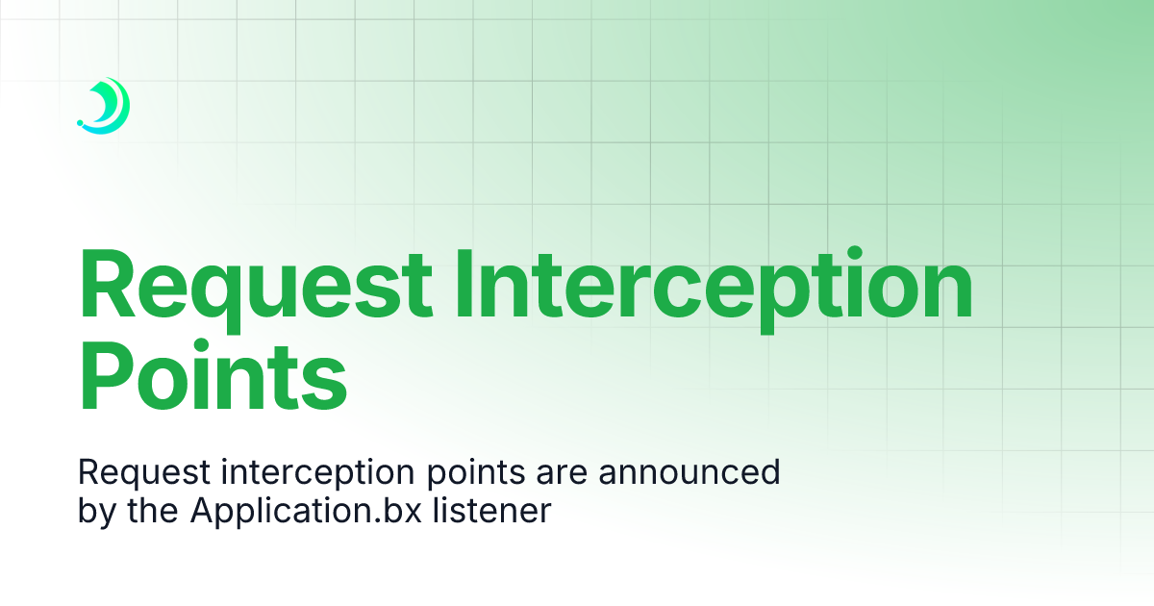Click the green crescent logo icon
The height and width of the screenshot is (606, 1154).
[x=109, y=104]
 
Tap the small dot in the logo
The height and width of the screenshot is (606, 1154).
[x=80, y=123]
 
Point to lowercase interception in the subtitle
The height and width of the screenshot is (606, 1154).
[x=309, y=473]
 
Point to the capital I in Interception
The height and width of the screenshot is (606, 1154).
[x=464, y=285]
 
